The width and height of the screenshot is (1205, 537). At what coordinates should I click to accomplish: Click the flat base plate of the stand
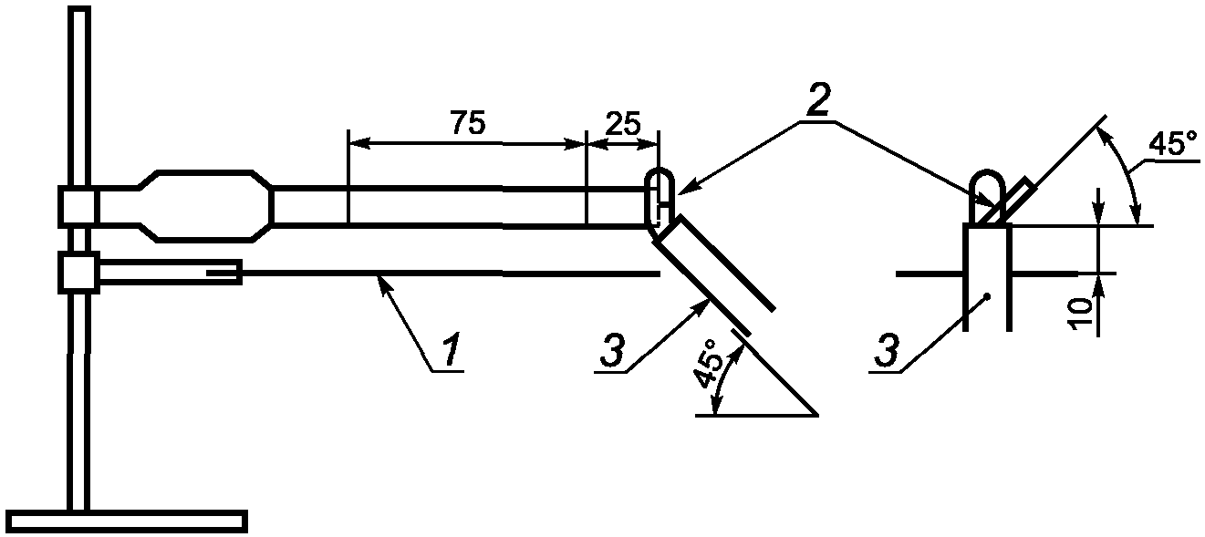pos(131,521)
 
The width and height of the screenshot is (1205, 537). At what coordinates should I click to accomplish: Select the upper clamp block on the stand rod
pos(77,206)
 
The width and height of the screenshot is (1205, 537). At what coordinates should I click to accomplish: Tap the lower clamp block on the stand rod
pos(77,272)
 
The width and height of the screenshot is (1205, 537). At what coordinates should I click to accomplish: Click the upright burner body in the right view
pos(987,274)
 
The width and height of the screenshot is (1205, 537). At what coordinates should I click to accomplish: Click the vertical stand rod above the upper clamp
pos(79,91)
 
